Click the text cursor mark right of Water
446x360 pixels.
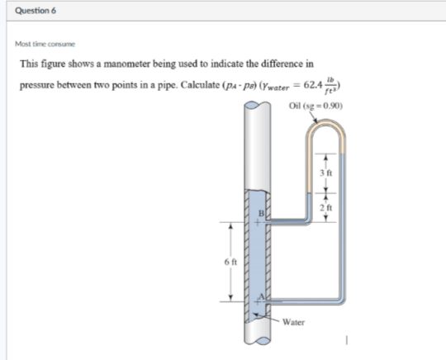pos(349,339)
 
